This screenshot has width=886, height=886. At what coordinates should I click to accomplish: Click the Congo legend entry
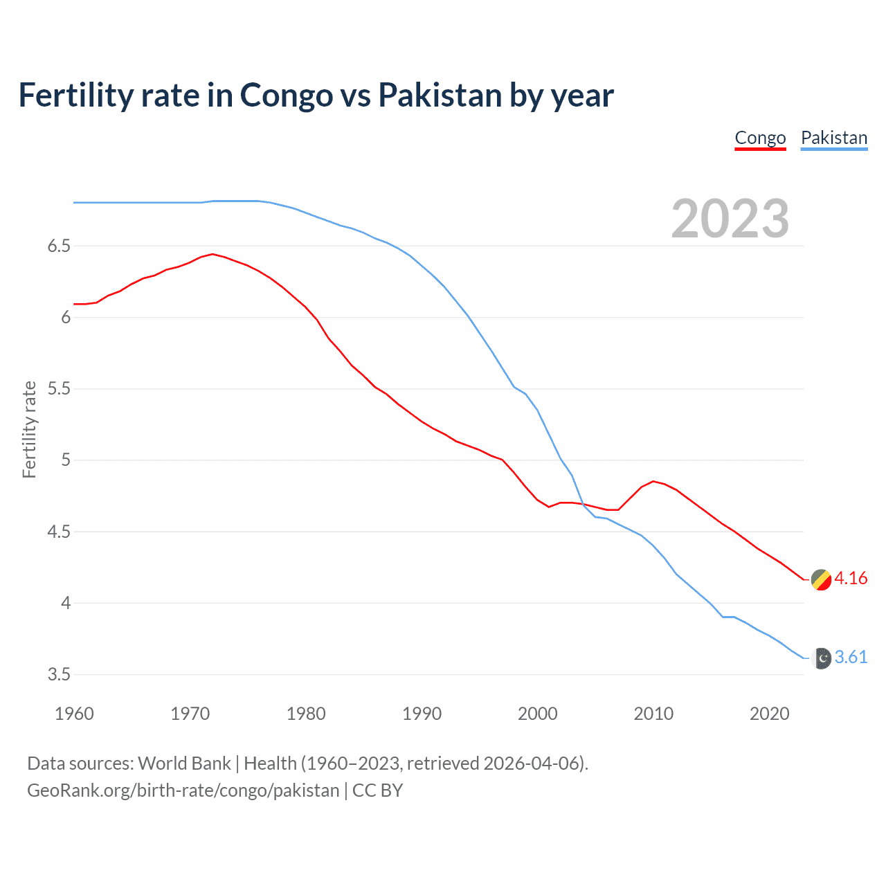pos(760,138)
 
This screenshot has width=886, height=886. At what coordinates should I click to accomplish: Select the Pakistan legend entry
pos(833,138)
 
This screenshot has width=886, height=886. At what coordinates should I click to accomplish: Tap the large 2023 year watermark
pos(730,219)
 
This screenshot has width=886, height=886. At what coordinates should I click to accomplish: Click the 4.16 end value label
pos(851,578)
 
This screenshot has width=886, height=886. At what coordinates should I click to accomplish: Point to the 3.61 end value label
pos(851,657)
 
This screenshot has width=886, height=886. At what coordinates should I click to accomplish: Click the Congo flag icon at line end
pos(821,579)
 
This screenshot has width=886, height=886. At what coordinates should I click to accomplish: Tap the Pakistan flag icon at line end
pos(821,658)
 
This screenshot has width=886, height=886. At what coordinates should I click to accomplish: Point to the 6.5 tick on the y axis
pos(59,246)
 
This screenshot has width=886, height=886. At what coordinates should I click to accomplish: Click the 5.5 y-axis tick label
pos(59,389)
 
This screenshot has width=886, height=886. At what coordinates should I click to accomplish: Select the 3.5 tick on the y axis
pos(59,675)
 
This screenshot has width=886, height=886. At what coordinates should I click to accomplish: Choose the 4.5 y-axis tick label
pos(59,532)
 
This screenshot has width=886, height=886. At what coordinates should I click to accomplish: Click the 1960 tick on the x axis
pos(74,714)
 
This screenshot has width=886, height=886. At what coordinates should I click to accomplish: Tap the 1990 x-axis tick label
pos(422,714)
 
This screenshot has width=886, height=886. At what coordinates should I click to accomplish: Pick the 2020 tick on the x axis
pos(769,714)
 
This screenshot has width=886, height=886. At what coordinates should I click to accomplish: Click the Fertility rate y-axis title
pos(29,429)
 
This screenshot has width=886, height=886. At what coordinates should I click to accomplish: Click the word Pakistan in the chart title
pos(440,96)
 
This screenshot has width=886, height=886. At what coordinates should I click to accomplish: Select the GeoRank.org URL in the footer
pos(183,790)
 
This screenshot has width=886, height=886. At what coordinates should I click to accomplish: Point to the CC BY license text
pos(377,790)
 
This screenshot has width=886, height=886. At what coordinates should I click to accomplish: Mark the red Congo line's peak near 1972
pos(213,254)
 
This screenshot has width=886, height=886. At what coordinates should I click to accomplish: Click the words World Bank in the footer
pos(184,763)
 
